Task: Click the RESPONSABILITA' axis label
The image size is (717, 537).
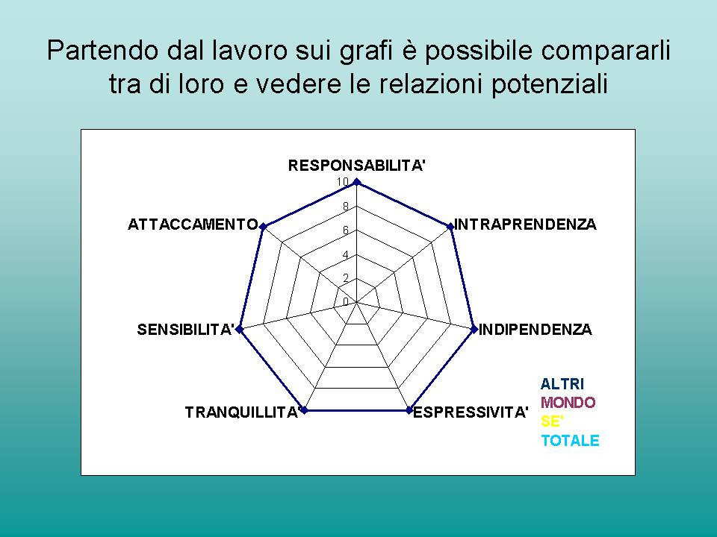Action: [x=357, y=166]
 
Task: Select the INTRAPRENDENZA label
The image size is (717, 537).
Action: [x=525, y=224]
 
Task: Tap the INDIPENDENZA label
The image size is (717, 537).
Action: [x=535, y=329]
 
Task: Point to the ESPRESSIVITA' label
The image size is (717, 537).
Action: [x=471, y=412]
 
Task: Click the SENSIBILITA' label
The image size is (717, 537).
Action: [x=186, y=329]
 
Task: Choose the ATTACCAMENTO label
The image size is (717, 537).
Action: [x=193, y=224]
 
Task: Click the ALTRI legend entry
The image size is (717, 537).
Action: [x=562, y=384]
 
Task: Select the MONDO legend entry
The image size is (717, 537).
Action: [x=568, y=403]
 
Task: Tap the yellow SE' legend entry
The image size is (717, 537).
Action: [x=552, y=421]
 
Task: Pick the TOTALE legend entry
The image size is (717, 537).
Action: [x=570, y=440]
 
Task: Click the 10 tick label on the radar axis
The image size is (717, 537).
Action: [x=343, y=182]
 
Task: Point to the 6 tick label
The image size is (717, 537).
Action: [x=346, y=230]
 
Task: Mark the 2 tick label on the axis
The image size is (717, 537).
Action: [x=346, y=278]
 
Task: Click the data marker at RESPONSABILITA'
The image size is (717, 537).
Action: [x=357, y=183]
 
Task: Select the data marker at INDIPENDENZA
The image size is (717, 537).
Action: [x=474, y=329]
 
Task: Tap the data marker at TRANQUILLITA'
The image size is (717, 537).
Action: [x=305, y=410]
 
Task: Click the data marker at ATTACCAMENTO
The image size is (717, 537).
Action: [x=263, y=226]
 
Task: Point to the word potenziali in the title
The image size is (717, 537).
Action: [x=550, y=85]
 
